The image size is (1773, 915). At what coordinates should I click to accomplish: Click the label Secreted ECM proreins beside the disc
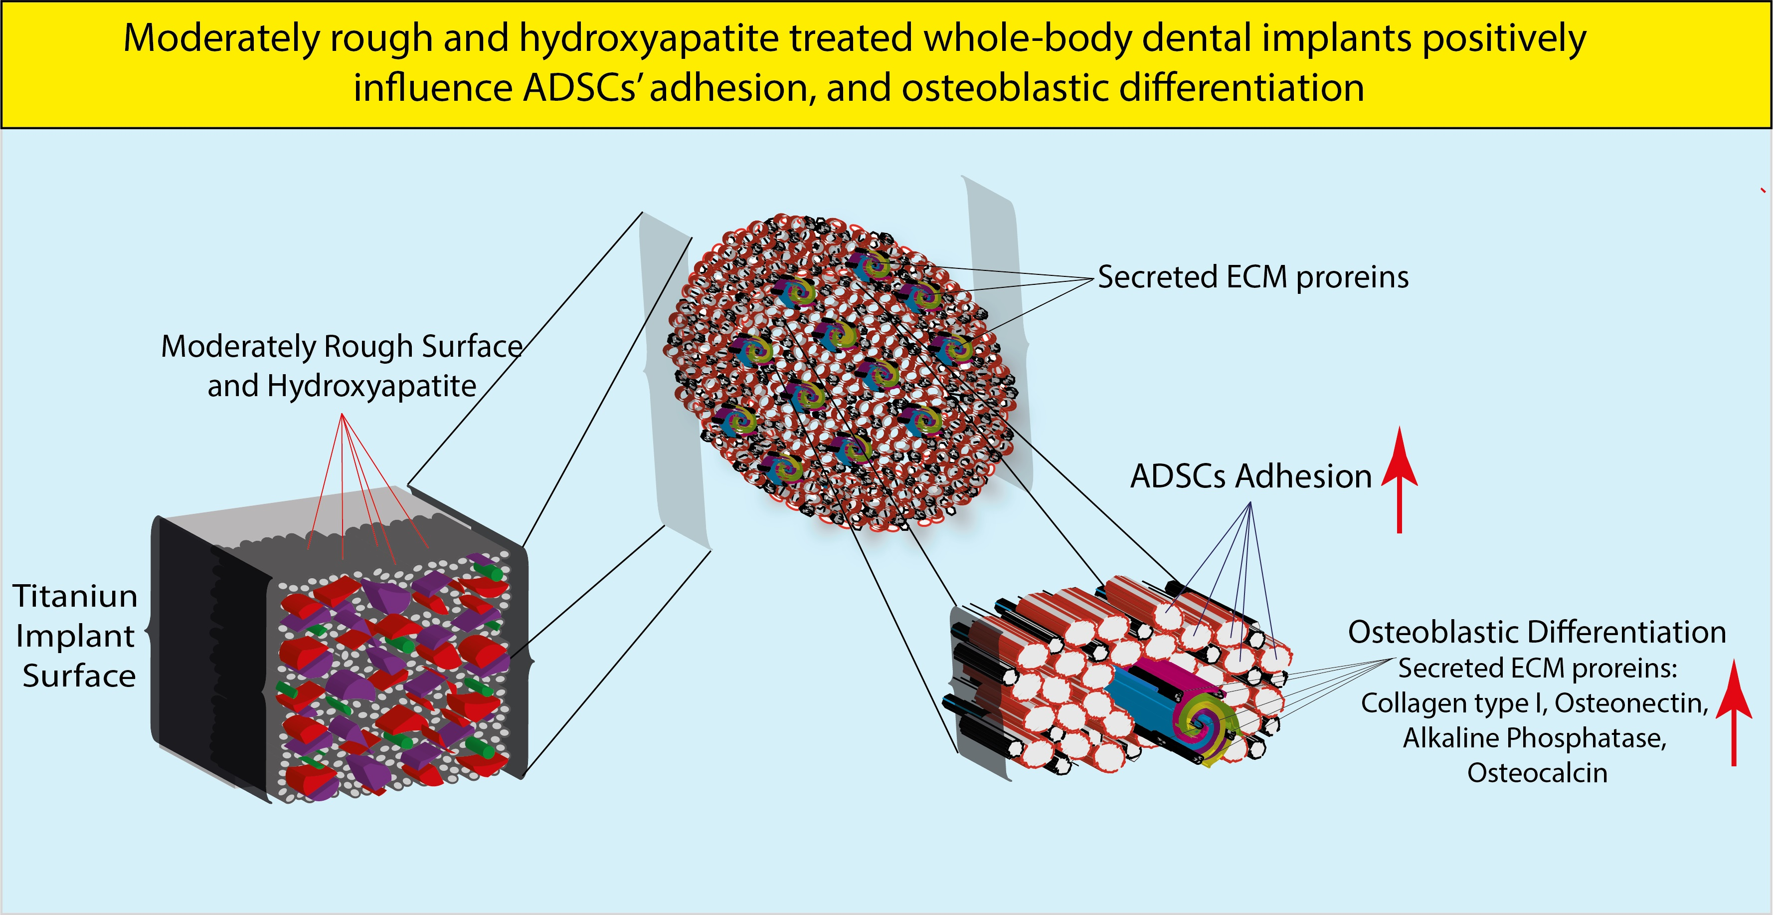(x=1252, y=277)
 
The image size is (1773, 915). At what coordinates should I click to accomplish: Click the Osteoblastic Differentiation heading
(x=1536, y=632)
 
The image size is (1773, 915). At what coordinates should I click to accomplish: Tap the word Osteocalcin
(x=1537, y=772)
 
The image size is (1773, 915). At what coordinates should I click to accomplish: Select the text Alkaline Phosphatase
(x=1535, y=738)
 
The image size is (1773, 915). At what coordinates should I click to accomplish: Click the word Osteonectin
(x=1631, y=703)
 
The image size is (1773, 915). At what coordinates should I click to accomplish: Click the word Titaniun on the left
(x=76, y=596)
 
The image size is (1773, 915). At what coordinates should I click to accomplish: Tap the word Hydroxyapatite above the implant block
(x=371, y=386)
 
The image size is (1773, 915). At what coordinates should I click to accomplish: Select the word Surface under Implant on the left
(x=79, y=676)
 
